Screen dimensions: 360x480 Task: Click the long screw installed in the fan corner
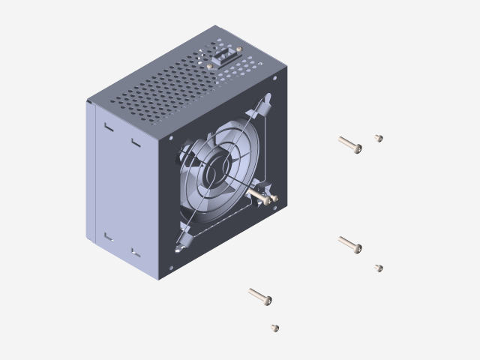coord(263,196)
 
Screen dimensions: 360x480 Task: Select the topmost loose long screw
coord(349,144)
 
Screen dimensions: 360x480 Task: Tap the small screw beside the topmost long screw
coord(379,138)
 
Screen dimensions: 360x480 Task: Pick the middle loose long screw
coord(349,244)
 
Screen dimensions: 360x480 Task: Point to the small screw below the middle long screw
coord(379,268)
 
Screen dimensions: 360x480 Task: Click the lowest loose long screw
coord(259,296)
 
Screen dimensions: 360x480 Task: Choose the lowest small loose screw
coord(275,328)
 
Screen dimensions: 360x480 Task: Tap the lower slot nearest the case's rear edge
coord(108,237)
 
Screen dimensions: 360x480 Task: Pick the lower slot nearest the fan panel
coord(136,253)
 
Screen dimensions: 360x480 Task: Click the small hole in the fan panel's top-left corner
coord(171,138)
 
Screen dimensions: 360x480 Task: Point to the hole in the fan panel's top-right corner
coord(275,78)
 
